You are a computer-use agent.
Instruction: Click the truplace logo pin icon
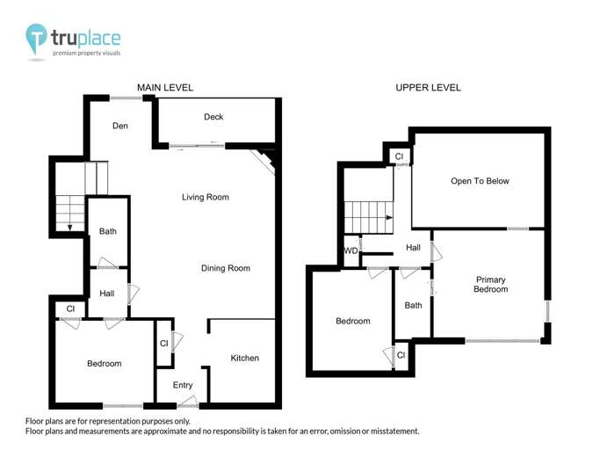pyautogui.click(x=36, y=39)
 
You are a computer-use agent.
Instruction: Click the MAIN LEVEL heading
pyautogui.click(x=164, y=88)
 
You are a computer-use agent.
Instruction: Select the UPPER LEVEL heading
pyautogui.click(x=428, y=88)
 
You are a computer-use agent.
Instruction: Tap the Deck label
pyautogui.click(x=213, y=117)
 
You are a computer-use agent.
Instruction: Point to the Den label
pyautogui.click(x=120, y=126)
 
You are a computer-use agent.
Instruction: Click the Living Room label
pyautogui.click(x=205, y=197)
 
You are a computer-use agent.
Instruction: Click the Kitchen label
pyautogui.click(x=244, y=358)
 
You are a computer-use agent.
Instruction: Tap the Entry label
pyautogui.click(x=183, y=385)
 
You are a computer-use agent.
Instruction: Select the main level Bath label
pyautogui.click(x=108, y=232)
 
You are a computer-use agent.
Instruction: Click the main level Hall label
pyautogui.click(x=107, y=294)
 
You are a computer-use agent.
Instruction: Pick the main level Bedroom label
pyautogui.click(x=104, y=363)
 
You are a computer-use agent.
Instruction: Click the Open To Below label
pyautogui.click(x=480, y=181)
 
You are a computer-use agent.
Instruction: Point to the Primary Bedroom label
pyautogui.click(x=490, y=284)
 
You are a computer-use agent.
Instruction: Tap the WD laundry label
pyautogui.click(x=351, y=250)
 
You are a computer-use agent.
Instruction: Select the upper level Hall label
pyautogui.click(x=413, y=248)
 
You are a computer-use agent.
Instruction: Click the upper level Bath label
pyautogui.click(x=413, y=306)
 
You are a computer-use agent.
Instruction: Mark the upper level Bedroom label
pyautogui.click(x=352, y=321)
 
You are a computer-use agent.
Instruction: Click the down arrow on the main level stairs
pyautogui.click(x=69, y=229)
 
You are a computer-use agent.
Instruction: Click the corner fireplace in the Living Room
pyautogui.click(x=267, y=160)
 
